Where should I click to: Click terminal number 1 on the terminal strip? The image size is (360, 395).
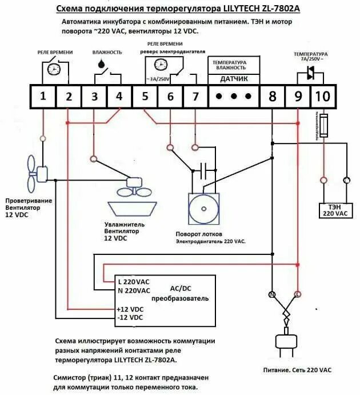coord(43,96)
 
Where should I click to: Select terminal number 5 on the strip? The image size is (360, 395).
coord(145,96)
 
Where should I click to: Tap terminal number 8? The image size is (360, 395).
coord(272,96)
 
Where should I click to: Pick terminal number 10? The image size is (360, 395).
coord(322,96)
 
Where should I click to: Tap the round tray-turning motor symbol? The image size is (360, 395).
coord(203,209)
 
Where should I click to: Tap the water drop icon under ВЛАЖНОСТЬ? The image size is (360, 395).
coord(101,65)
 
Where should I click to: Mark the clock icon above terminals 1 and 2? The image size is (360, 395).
coord(53,69)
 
